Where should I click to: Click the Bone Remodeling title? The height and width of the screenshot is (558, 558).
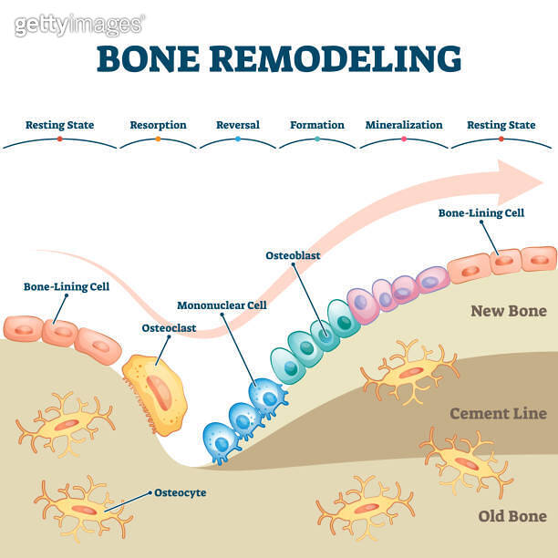[279, 59]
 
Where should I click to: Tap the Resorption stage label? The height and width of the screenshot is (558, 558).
[158, 125]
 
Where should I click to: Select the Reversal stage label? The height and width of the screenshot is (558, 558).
[237, 125]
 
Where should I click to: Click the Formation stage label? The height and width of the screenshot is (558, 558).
[317, 125]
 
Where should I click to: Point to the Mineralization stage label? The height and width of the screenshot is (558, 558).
[403, 125]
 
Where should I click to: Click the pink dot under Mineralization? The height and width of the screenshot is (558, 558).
[403, 139]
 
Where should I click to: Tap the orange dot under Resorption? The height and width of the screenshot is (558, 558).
[158, 139]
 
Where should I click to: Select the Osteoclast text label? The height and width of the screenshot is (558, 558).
[168, 327]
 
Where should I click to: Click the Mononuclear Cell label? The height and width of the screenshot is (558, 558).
[222, 305]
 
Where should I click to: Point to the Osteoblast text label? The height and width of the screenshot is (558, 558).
[293, 256]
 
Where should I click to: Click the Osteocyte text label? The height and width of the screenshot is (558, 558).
[180, 492]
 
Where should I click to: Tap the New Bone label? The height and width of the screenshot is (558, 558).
[508, 311]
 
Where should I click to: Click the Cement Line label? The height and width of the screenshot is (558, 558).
[498, 414]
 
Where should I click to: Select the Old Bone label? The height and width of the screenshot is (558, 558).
[511, 517]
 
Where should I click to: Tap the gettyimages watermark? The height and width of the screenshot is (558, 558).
[78, 25]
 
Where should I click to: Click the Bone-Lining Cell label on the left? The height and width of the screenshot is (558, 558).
[67, 286]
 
